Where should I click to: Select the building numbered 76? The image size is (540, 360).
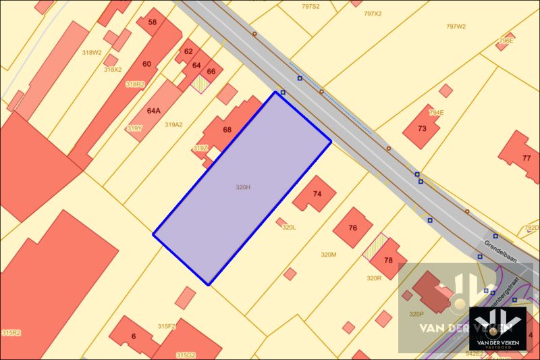tap(352, 228)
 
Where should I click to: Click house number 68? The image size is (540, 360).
tap(227, 130)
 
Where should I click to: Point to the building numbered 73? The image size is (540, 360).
tap(423, 128)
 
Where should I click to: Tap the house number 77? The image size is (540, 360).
tap(526, 158)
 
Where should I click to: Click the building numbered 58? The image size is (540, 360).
tap(153, 22)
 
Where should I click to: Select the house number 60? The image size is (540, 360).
tap(146, 64)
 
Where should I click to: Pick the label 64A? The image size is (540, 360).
tap(154, 110)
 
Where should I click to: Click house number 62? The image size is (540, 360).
tap(188, 51)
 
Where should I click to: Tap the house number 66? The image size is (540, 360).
tap(211, 71)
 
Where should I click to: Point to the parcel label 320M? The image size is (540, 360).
tap(328, 255)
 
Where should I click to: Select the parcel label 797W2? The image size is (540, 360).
tap(456, 26)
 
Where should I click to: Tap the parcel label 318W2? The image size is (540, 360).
tap(92, 52)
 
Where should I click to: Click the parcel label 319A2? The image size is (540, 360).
tap(174, 124)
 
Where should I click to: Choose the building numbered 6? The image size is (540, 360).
tap(134, 336)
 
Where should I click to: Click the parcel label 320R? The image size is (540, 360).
tap(374, 278)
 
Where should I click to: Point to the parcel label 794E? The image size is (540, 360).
tap(436, 112)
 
